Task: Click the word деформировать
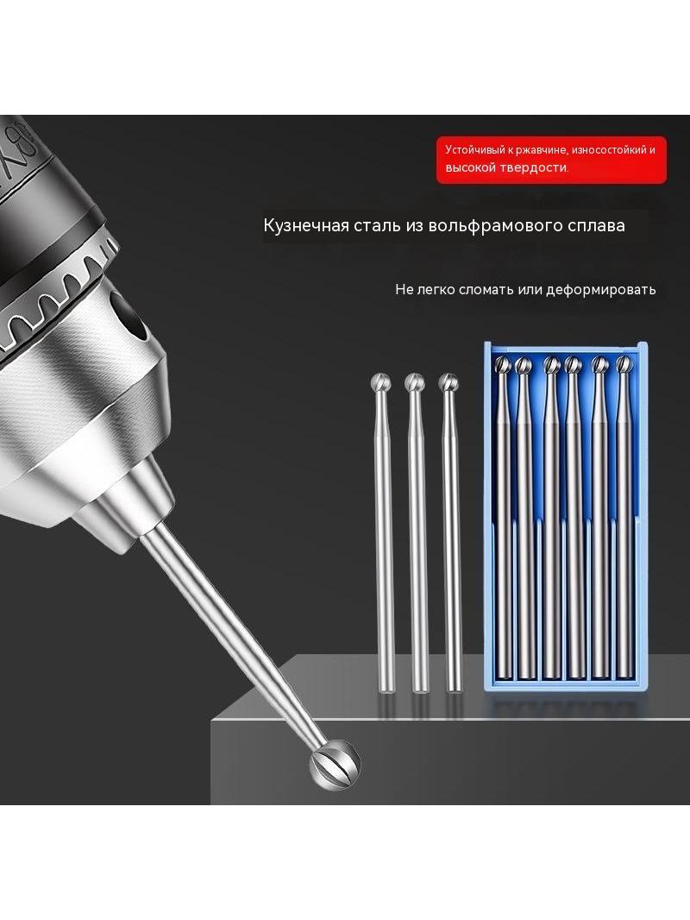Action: pos(601,290)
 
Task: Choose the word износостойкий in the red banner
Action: pos(609,149)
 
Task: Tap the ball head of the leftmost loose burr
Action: pos(381,383)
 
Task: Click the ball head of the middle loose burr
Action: pos(415,382)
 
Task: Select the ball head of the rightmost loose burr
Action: pos(448,382)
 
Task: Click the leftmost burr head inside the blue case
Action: pos(503,365)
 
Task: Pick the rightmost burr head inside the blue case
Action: pos(624,365)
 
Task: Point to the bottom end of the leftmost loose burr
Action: pos(386,690)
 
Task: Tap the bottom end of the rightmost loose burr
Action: pos(453,690)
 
